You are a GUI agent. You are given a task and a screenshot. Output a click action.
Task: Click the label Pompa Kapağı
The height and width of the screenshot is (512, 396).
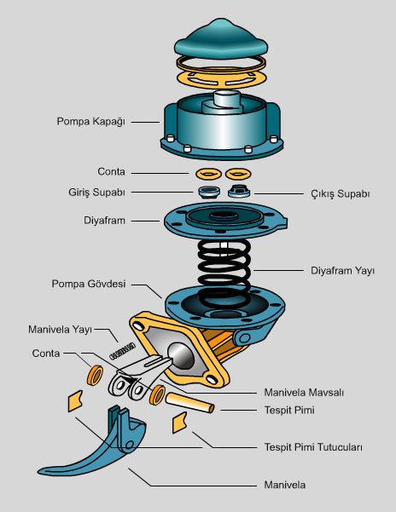pyautogui.click(x=91, y=122)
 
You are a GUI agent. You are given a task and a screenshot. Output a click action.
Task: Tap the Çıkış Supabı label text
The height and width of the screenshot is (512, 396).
pyautogui.click(x=340, y=193)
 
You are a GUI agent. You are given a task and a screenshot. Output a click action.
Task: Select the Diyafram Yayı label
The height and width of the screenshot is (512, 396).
pyautogui.click(x=342, y=271)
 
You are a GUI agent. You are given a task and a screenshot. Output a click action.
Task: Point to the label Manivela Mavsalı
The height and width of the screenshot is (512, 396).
pyautogui.click(x=304, y=392)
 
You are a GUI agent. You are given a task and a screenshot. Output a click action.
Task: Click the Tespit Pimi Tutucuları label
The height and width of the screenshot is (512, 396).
pyautogui.click(x=313, y=446)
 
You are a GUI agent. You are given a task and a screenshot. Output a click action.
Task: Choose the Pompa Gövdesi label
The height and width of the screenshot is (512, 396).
pyautogui.click(x=89, y=284)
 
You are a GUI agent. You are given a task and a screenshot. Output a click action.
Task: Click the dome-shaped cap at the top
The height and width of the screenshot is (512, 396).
pyautogui.click(x=221, y=37)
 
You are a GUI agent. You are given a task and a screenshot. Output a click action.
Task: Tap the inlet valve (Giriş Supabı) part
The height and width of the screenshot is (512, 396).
pyautogui.click(x=209, y=193)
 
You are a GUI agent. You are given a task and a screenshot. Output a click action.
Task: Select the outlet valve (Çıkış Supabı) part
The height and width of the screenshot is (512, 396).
pyautogui.click(x=239, y=192)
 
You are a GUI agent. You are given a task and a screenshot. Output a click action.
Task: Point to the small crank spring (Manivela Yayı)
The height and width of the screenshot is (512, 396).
pyautogui.click(x=122, y=351)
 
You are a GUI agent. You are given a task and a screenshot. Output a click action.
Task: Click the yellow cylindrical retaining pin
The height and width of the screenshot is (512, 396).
pyautogui.click(x=189, y=402)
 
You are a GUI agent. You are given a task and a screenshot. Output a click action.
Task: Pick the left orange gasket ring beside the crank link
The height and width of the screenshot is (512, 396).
pyautogui.click(x=95, y=376)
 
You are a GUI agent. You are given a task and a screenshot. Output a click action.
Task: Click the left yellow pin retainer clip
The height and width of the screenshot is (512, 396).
pyautogui.click(x=75, y=401)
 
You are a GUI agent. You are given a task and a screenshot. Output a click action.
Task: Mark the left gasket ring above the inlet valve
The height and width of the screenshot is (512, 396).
pyautogui.click(x=208, y=174)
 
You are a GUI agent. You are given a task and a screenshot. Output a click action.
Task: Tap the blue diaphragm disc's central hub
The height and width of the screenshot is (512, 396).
pyautogui.click(x=224, y=216)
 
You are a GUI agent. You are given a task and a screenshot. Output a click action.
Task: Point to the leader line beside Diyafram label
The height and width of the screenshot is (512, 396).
pyautogui.click(x=145, y=221)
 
